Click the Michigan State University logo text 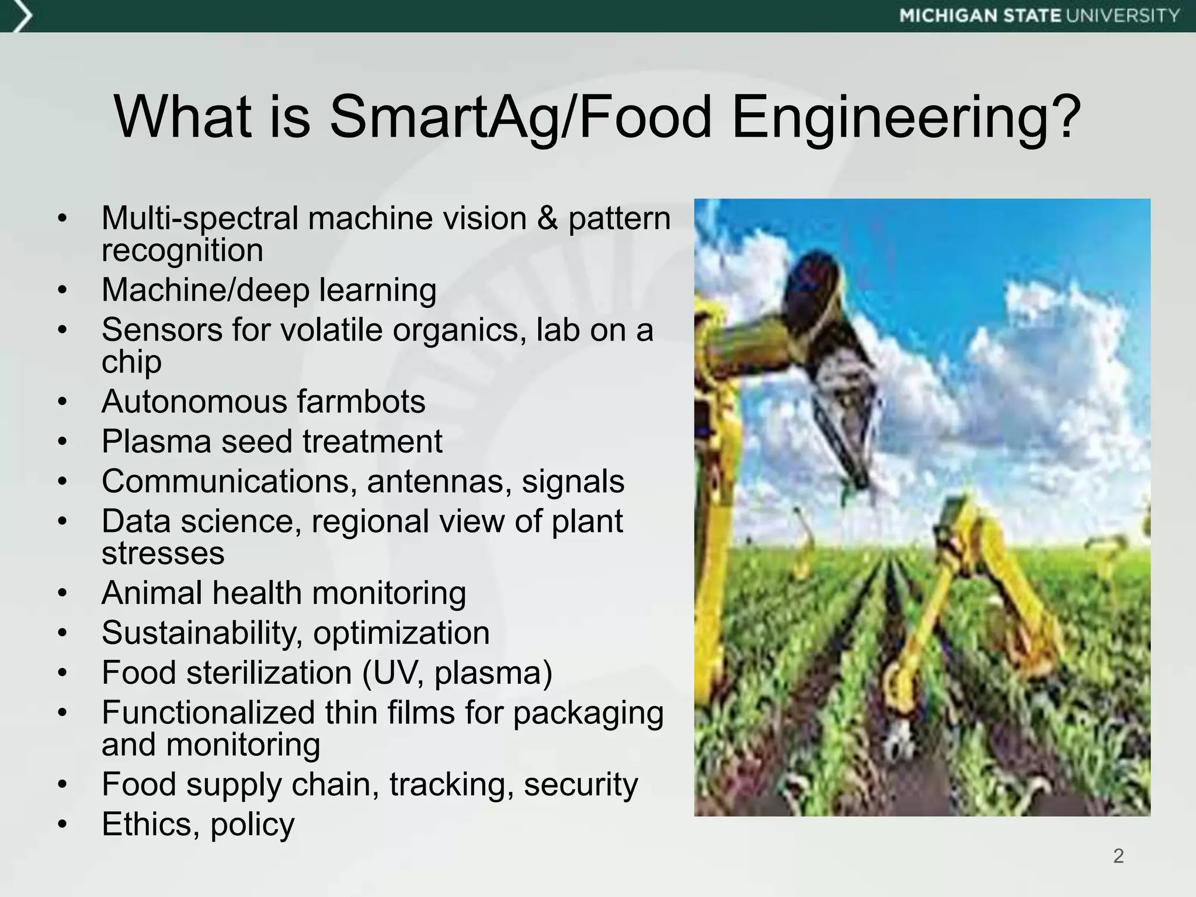(x=1039, y=16)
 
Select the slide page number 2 (x=1118, y=856)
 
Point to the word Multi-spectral (x=200, y=219)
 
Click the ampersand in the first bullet (x=547, y=218)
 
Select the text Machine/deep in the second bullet (x=205, y=290)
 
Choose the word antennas (x=438, y=482)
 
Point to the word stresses (x=163, y=553)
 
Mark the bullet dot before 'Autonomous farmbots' (x=63, y=402)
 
